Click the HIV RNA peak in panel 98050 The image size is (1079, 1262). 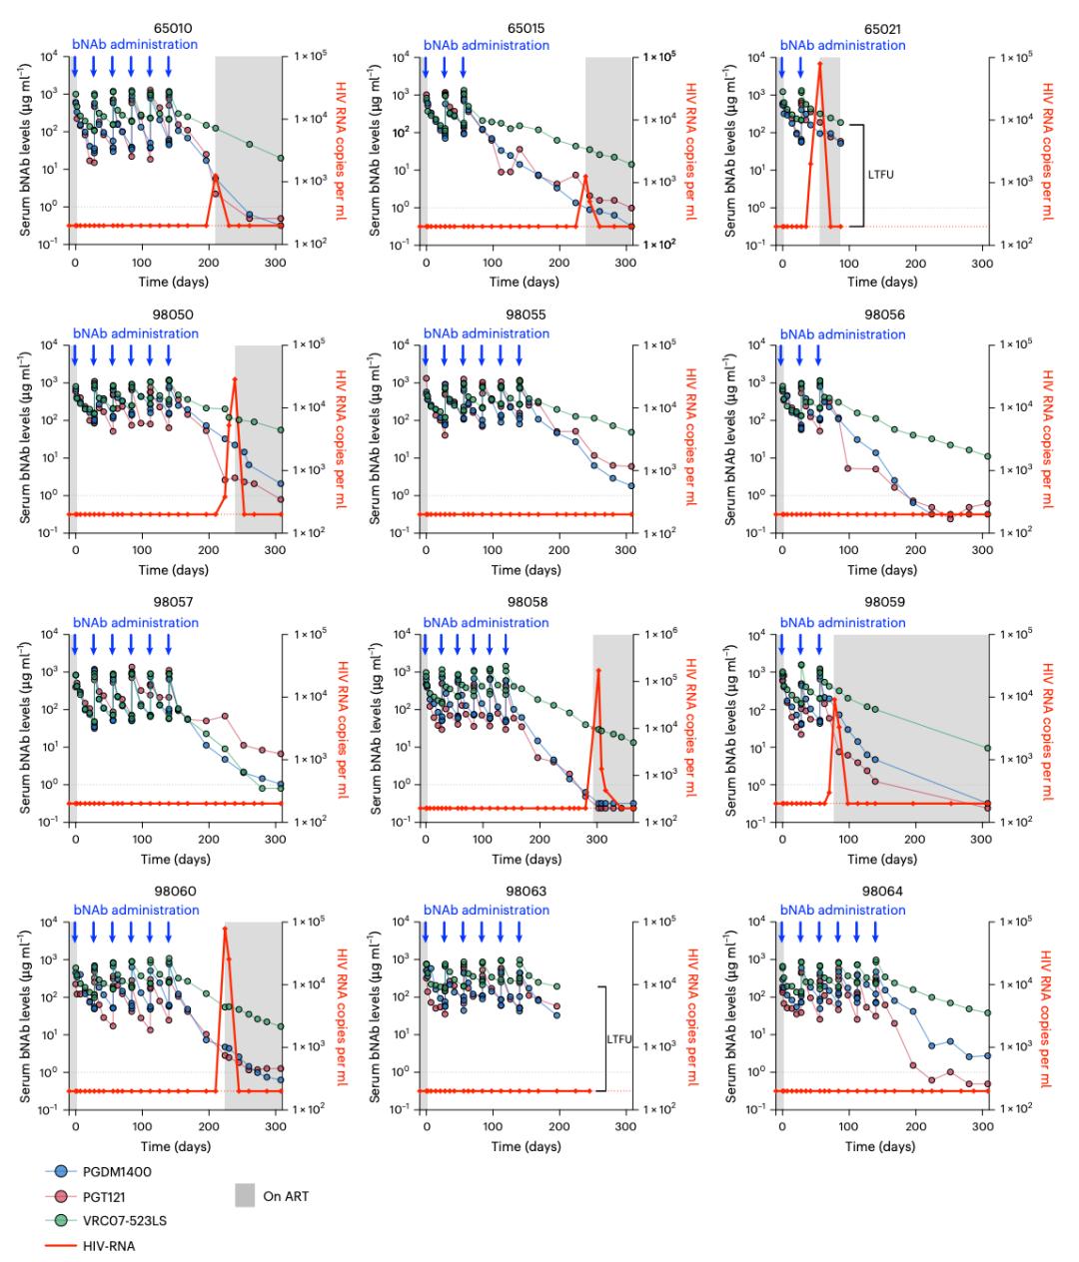coord(235,379)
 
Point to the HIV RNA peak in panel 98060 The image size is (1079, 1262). coord(225,929)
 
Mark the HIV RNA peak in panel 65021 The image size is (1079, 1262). coord(820,63)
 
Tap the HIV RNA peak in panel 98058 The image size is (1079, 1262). coord(598,670)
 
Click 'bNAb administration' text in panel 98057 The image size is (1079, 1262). coord(135,623)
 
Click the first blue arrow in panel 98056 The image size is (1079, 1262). coord(781,356)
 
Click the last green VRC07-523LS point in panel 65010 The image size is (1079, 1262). coord(281,158)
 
